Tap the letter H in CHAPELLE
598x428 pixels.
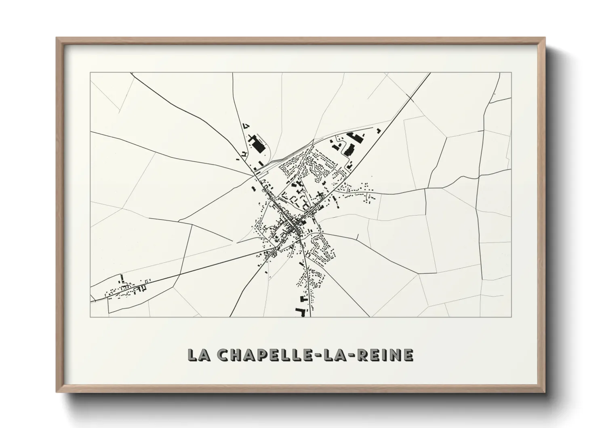(x=236, y=355)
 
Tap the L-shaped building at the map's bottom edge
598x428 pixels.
(x=301, y=311)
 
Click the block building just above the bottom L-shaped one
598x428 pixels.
(x=302, y=299)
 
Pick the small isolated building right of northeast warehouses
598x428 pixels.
(x=379, y=130)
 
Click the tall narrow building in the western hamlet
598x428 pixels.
(x=122, y=279)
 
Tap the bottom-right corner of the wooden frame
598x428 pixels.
(x=545, y=392)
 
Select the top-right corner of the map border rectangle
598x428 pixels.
(x=512, y=73)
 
